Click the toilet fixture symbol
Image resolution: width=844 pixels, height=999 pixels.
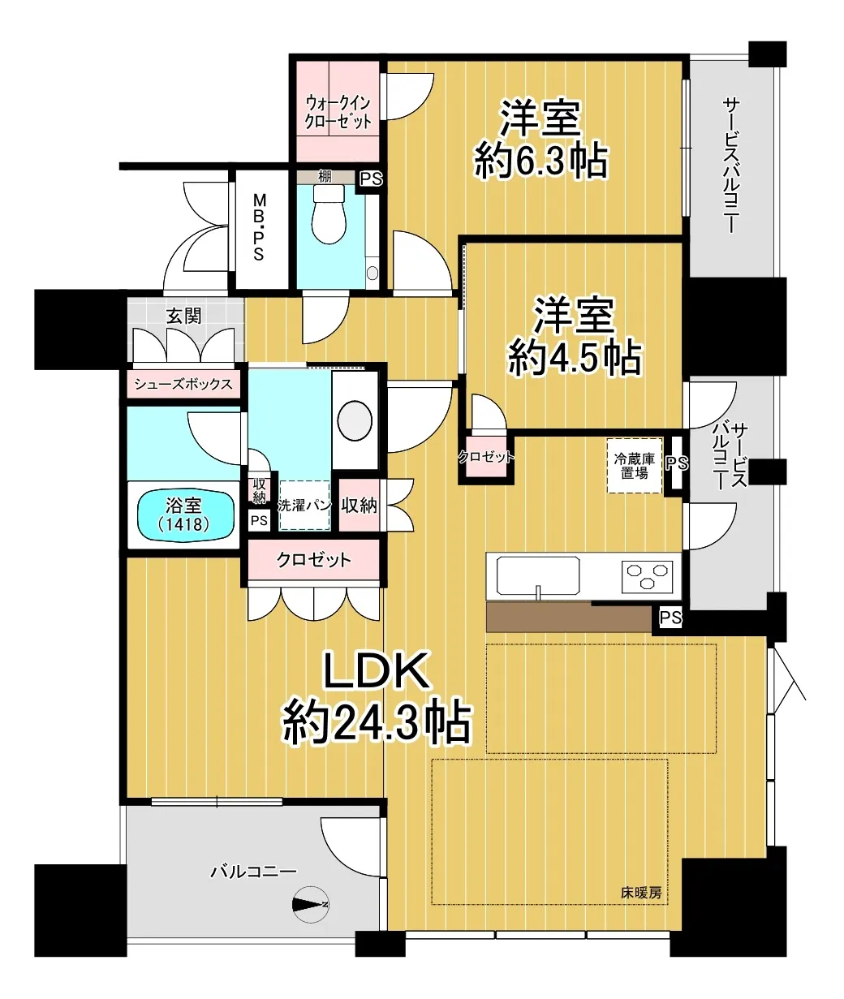[329, 214]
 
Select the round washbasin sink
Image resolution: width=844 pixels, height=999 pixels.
[355, 420]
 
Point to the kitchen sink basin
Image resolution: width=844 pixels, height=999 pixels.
[538, 575]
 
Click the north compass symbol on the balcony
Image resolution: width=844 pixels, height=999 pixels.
[311, 904]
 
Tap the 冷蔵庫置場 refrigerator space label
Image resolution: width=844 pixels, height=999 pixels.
[635, 466]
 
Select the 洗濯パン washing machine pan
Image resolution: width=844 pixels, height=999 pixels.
[305, 506]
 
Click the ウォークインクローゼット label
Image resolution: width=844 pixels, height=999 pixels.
[338, 112]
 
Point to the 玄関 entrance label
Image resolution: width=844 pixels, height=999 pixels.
[183, 316]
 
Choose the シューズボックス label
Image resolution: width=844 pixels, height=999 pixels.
[183, 384]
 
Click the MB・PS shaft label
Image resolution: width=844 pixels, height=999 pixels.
[259, 226]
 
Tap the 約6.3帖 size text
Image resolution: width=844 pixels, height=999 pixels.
[541, 161]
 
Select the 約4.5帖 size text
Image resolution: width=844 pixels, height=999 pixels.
[574, 358]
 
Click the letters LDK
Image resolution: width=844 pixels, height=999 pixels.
[376, 671]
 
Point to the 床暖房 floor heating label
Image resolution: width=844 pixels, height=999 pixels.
[641, 893]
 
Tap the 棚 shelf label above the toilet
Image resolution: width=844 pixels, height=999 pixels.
[325, 177]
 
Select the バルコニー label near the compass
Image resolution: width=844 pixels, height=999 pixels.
[254, 872]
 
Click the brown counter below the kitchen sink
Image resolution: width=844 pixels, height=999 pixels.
[570, 616]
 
